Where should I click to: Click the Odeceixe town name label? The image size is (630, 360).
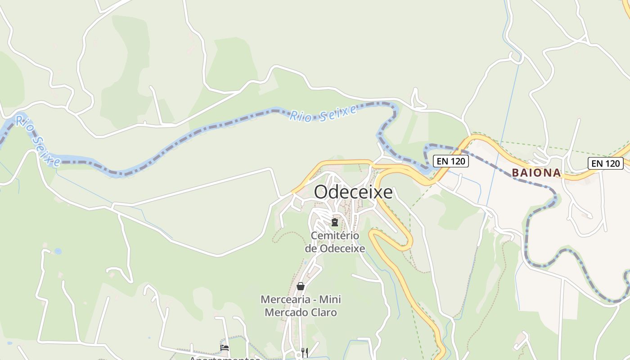pyautogui.click(x=353, y=192)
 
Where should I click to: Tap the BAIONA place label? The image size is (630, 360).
pyautogui.click(x=536, y=173)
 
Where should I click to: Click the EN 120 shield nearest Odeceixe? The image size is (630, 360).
pyautogui.click(x=451, y=161)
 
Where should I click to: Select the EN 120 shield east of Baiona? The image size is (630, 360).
pyautogui.click(x=605, y=163)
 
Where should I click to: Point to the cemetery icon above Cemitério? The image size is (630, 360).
pyautogui.click(x=335, y=222)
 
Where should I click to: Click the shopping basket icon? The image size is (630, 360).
pyautogui.click(x=301, y=286)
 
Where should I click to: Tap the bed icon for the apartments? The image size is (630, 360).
pyautogui.click(x=225, y=348)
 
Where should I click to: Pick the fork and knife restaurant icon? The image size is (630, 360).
pyautogui.click(x=305, y=352)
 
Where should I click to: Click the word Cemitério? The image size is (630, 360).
pyautogui.click(x=335, y=236)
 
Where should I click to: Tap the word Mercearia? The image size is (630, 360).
pyautogui.click(x=286, y=299)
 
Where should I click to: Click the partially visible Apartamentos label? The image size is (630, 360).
pyautogui.click(x=224, y=358)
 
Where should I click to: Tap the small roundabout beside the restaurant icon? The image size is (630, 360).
pyautogui.click(x=298, y=355)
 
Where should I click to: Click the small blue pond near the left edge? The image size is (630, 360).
pyautogui.click(x=58, y=251)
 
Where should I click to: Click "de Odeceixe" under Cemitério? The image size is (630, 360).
pyautogui.click(x=335, y=248)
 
